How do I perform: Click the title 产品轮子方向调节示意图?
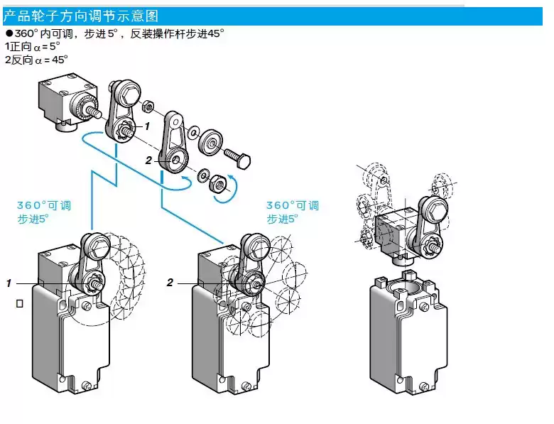(81, 15)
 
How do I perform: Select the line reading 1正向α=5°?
(31, 46)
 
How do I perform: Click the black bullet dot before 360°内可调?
(9, 33)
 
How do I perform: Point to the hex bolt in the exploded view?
(237, 157)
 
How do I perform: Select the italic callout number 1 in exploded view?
(147, 126)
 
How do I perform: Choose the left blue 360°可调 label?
(44, 205)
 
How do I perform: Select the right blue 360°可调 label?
(293, 205)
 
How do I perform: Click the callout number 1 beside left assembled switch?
(9, 283)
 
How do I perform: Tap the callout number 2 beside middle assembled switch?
(170, 283)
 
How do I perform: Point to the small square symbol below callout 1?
(19, 303)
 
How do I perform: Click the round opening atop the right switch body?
(407, 289)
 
